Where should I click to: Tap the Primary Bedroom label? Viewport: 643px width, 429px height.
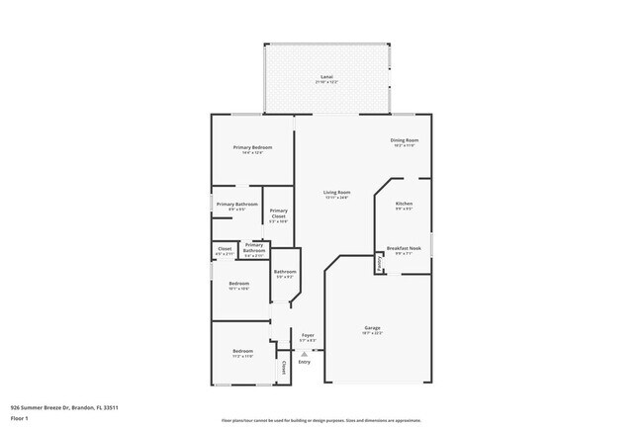point(252,147)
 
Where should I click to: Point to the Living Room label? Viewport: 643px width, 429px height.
point(337,192)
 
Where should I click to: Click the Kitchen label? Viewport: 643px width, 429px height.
point(404,204)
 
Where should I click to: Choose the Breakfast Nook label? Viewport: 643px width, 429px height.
point(404,248)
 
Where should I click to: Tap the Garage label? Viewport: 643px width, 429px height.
point(372,327)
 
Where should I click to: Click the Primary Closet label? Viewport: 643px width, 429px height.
point(279,213)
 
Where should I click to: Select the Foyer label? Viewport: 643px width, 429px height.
point(308,335)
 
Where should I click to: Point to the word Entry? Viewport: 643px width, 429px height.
point(304,362)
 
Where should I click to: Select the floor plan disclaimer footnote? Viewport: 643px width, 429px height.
point(321,420)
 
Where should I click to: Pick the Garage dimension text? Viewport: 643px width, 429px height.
point(372,333)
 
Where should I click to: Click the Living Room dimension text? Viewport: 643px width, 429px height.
point(337,198)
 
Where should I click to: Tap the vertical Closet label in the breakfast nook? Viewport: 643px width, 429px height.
point(380,264)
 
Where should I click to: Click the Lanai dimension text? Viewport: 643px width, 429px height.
point(326,81)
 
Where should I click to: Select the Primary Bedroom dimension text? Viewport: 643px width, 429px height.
point(252,153)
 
